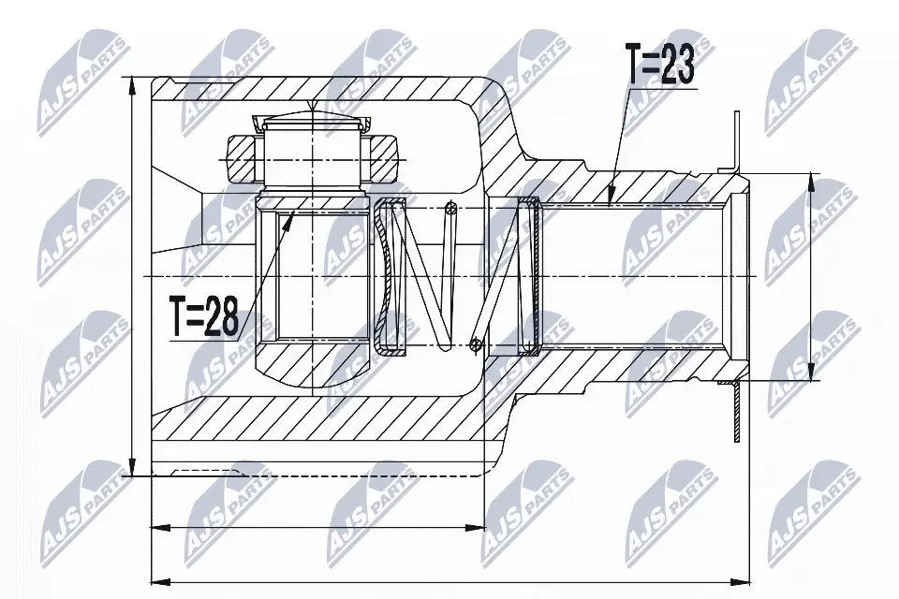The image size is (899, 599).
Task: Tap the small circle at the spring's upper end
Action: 450,208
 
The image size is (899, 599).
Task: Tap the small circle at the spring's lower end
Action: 477,345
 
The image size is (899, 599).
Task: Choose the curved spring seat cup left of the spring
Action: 384,277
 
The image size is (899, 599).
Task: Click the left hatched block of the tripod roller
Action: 239,159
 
